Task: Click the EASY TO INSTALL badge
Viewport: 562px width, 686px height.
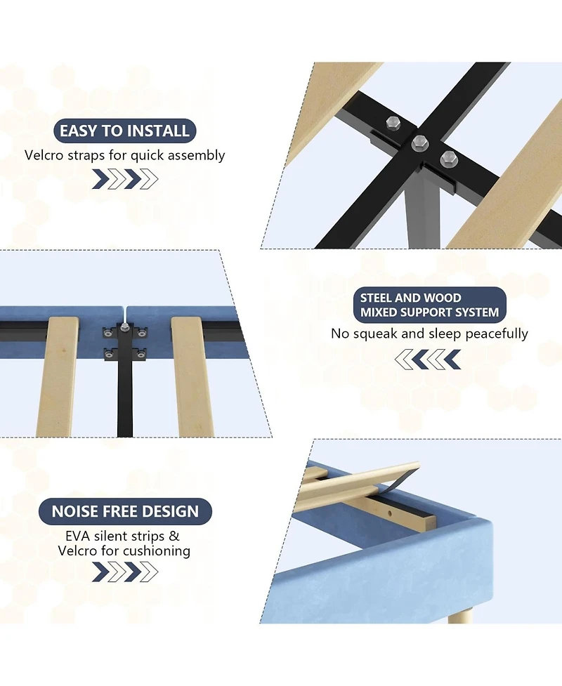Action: [125, 131]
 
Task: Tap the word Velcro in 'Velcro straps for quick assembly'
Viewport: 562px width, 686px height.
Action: [44, 155]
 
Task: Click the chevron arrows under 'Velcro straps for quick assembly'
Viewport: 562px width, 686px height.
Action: [125, 179]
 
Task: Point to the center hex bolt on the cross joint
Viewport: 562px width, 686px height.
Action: [420, 141]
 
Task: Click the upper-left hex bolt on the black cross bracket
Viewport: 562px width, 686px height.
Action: [393, 123]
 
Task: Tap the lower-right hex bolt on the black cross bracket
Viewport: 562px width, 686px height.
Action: [449, 159]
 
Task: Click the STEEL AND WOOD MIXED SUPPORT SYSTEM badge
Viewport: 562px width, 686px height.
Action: [429, 305]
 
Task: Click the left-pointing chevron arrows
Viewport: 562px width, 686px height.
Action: [428, 360]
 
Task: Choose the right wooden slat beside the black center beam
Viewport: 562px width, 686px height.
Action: [192, 376]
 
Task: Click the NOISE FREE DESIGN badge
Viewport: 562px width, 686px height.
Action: [125, 511]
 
